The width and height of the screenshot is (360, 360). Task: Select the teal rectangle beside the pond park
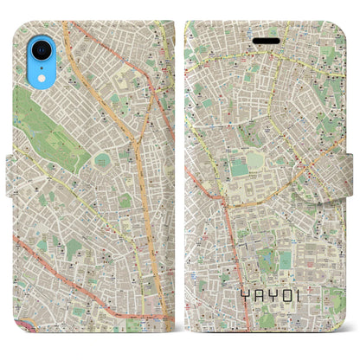(286, 260)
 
